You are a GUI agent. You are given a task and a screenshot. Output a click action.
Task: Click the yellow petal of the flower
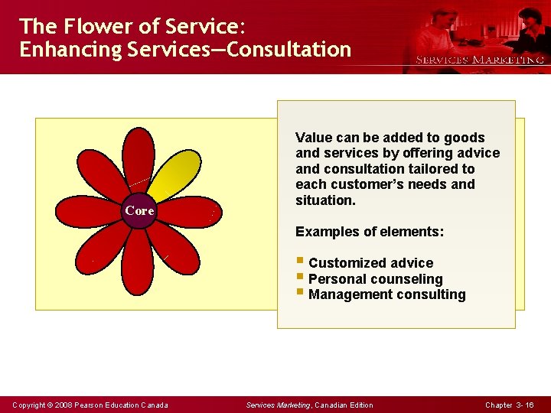click(174, 170)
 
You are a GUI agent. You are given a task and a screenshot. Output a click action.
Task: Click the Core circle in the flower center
click(140, 210)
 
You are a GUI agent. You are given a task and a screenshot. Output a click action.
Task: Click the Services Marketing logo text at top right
click(479, 60)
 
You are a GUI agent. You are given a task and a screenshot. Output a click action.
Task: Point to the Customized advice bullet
click(370, 263)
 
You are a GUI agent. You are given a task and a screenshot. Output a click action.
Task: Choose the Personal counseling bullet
click(375, 279)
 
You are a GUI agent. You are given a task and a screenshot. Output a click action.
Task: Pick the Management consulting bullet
click(386, 294)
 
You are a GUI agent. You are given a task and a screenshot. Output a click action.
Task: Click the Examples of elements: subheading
click(370, 231)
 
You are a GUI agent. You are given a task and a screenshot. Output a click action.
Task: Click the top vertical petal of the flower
click(139, 161)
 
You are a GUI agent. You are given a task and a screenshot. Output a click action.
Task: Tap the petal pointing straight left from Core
click(90, 212)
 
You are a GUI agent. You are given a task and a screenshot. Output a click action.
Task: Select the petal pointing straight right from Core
click(190, 212)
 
